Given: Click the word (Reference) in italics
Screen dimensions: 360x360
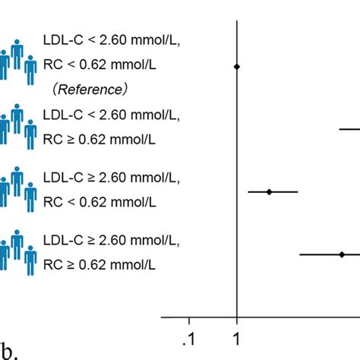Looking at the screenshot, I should [90, 90].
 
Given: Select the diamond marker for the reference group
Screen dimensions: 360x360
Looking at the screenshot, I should [237, 68].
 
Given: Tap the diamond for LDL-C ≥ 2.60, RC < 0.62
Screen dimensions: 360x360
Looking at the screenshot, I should [270, 191].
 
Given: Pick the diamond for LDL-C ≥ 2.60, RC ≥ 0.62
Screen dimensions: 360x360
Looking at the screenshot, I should [342, 254].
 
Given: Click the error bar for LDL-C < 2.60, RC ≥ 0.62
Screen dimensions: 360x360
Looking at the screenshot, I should [349, 130].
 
